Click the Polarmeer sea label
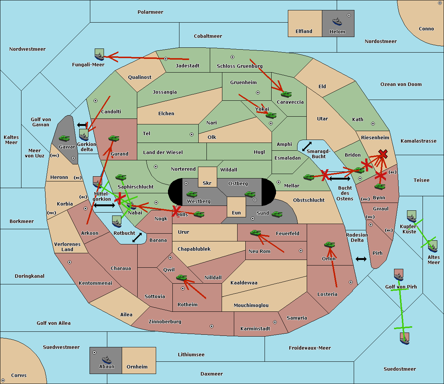coord(150,12)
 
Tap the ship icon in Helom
coord(337,21)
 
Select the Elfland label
coord(304,31)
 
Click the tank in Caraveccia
coord(286,94)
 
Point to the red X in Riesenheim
coord(383,154)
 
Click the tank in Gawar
coord(64,138)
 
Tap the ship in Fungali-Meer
coord(99,55)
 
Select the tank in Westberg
coord(192,194)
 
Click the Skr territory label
coord(207,183)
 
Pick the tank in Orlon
coord(329,245)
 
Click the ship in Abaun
coord(107,360)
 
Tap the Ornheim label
coord(137,367)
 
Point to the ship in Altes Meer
coord(433,246)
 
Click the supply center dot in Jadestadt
coord(166,59)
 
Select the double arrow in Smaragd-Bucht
coord(307,147)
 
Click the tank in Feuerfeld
coord(255,233)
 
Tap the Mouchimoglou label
coord(251,305)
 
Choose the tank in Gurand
coord(114,138)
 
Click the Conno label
coord(426,29)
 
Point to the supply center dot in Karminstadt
coord(275,322)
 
